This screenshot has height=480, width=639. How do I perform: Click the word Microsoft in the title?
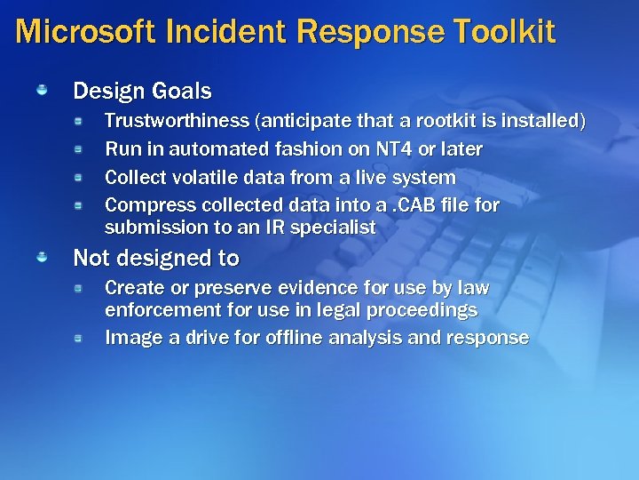click(82, 32)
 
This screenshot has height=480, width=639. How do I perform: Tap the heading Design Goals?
click(142, 91)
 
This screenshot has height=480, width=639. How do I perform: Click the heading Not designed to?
click(156, 258)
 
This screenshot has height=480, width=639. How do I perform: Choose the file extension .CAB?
click(416, 205)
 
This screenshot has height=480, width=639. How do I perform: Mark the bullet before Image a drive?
click(79, 339)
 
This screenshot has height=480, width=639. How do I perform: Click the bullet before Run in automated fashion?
click(79, 148)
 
